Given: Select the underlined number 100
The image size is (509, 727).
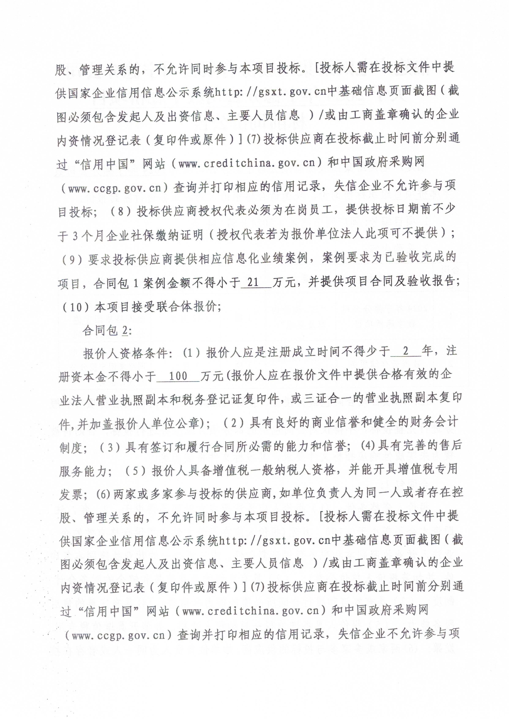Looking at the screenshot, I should (178, 376).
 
